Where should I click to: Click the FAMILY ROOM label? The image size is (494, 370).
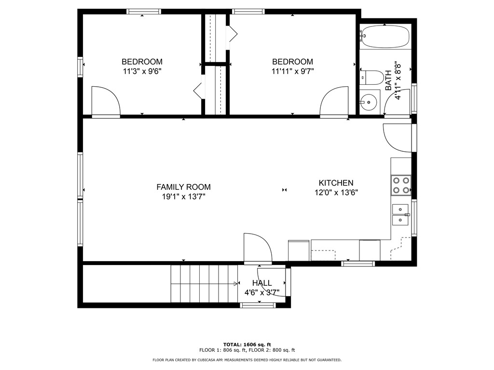(x=183, y=187)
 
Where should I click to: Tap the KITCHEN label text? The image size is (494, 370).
(x=336, y=183)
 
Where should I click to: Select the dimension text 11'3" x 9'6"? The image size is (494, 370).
(x=142, y=71)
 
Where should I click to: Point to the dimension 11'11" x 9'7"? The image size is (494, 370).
(x=292, y=71)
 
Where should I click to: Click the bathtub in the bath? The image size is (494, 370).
(x=384, y=37)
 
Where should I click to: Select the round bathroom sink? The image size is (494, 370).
(x=369, y=102)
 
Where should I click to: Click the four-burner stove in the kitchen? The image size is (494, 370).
(x=400, y=185)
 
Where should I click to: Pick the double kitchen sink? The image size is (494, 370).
(x=400, y=214)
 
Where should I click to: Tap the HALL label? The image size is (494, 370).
(x=262, y=283)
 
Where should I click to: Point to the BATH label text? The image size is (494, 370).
(x=388, y=80)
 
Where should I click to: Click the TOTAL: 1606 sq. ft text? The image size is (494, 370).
(x=247, y=344)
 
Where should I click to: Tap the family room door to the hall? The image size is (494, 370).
(x=258, y=248)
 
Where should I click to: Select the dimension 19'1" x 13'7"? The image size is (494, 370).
(x=183, y=196)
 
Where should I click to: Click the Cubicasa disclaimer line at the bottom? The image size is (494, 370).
(x=247, y=360)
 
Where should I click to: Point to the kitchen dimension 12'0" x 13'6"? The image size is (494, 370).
(x=336, y=192)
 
